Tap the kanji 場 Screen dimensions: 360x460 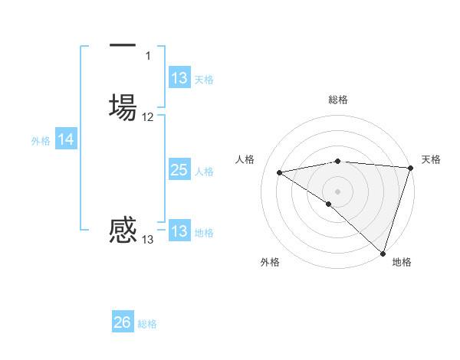(x=123, y=105)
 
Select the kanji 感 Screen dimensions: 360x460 (x=123, y=229)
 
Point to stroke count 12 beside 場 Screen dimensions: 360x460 (x=148, y=117)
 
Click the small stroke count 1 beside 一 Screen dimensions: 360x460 (x=148, y=56)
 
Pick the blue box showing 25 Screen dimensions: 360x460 (x=179, y=170)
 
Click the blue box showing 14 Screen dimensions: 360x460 (x=66, y=139)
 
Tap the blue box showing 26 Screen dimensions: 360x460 (x=123, y=322)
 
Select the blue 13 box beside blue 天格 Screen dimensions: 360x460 (x=179, y=78)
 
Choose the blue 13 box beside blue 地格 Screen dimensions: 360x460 (x=179, y=231)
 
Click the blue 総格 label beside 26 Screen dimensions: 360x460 (x=147, y=324)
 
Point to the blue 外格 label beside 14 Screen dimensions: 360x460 (x=40, y=140)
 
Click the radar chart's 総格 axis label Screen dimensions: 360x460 (x=338, y=100)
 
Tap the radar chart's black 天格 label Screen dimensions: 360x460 (x=431, y=159)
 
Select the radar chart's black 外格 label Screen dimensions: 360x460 (x=270, y=262)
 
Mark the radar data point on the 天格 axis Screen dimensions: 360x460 (x=410, y=168)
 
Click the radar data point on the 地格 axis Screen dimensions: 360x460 (x=383, y=253)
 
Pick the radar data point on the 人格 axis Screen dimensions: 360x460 (x=280, y=173)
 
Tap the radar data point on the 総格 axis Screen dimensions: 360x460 (x=338, y=161)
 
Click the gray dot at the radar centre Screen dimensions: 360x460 (x=338, y=191)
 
